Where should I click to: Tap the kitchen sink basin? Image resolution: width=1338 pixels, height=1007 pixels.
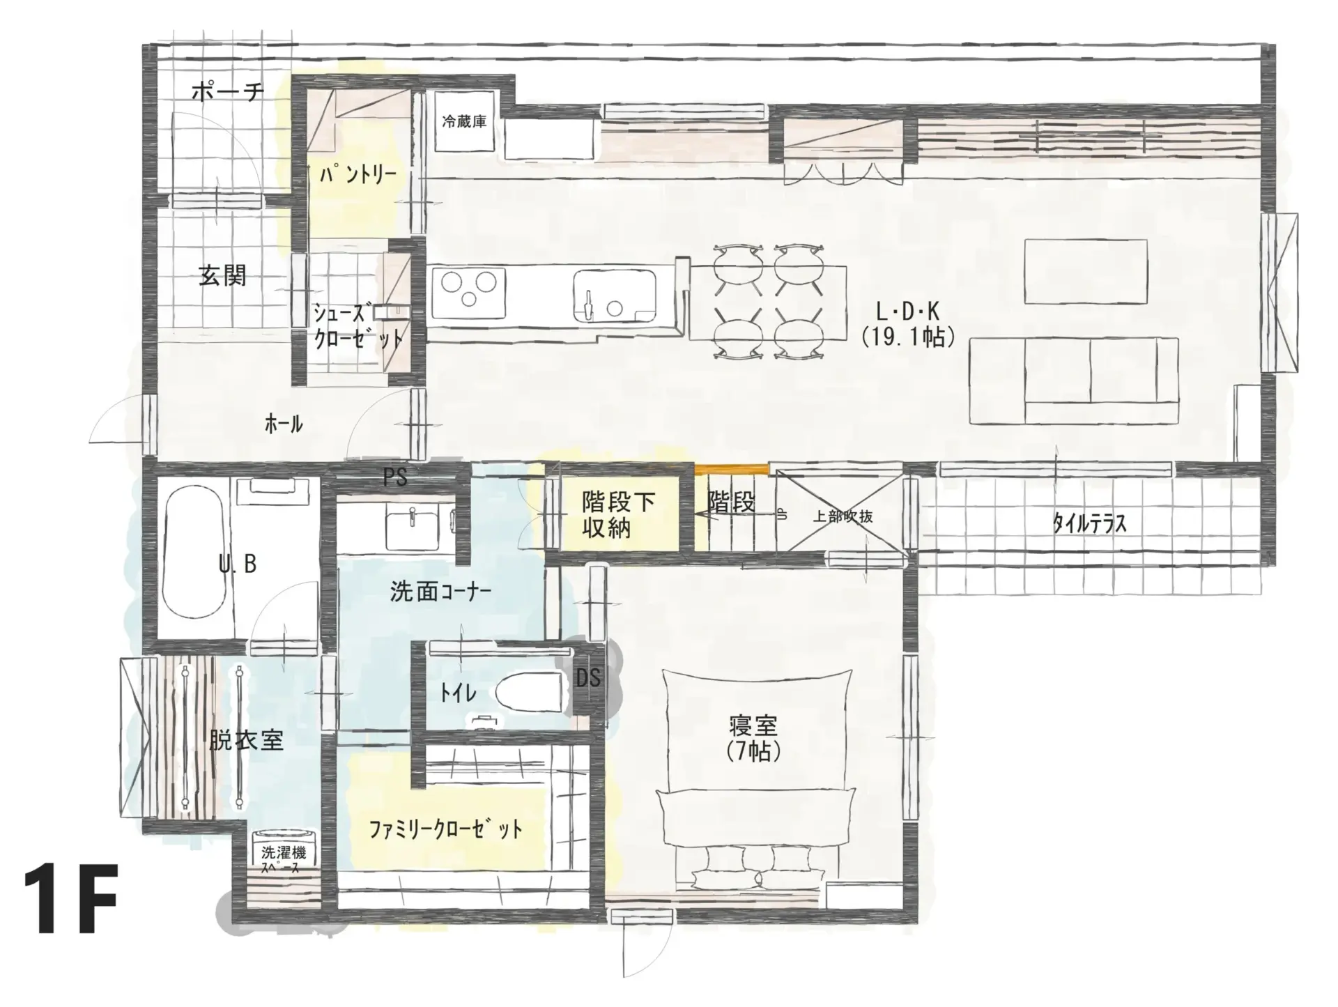click(615, 296)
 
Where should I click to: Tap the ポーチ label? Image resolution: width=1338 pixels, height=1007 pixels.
click(227, 91)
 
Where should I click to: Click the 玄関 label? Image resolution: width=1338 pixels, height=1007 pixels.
click(222, 276)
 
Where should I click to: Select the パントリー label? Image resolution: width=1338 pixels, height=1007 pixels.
click(357, 174)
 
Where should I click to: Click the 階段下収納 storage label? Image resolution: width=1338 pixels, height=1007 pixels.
click(618, 515)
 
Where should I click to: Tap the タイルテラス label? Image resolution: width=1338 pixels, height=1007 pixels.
click(1089, 523)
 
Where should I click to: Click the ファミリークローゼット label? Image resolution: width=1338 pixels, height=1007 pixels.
click(445, 829)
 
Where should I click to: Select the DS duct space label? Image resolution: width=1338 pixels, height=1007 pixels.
click(588, 677)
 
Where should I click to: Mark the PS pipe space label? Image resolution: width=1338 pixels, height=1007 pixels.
click(395, 477)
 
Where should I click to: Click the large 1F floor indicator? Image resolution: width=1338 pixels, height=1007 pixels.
click(70, 898)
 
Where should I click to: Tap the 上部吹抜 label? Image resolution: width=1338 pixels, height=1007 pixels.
click(843, 516)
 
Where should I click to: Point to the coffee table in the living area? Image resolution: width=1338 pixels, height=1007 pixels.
click(1086, 272)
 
